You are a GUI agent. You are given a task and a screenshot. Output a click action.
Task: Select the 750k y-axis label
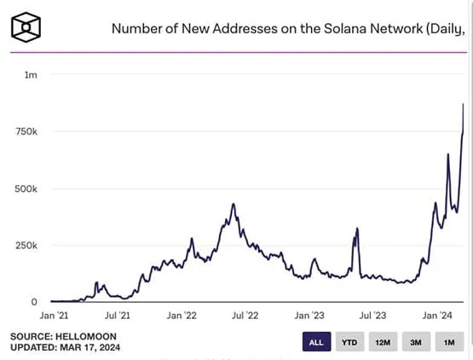pos(26,132)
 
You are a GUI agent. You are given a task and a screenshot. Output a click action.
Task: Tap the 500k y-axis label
pos(26,189)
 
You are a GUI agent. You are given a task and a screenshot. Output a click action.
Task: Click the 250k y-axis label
pos(26,246)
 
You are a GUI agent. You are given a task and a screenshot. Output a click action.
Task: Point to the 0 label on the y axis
pos(34,302)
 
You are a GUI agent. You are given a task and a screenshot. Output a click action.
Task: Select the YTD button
pos(349,342)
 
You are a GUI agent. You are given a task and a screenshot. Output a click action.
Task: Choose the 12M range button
pos(381,342)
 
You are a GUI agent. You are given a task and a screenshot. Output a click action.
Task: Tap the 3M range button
pos(414,342)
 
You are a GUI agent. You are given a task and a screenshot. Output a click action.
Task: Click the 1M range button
pos(447,342)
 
